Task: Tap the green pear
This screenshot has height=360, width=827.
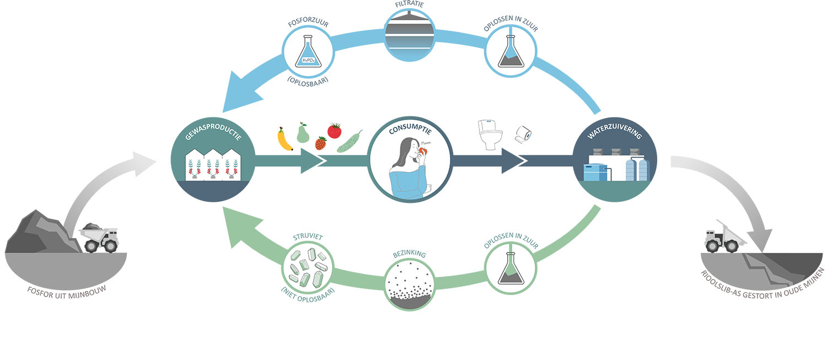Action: [303, 133]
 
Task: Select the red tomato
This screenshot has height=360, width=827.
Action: [334, 130]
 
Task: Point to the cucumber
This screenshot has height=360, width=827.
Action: [350, 142]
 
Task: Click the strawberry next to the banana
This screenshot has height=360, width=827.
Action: [320, 143]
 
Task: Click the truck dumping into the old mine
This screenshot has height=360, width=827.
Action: [724, 237]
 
